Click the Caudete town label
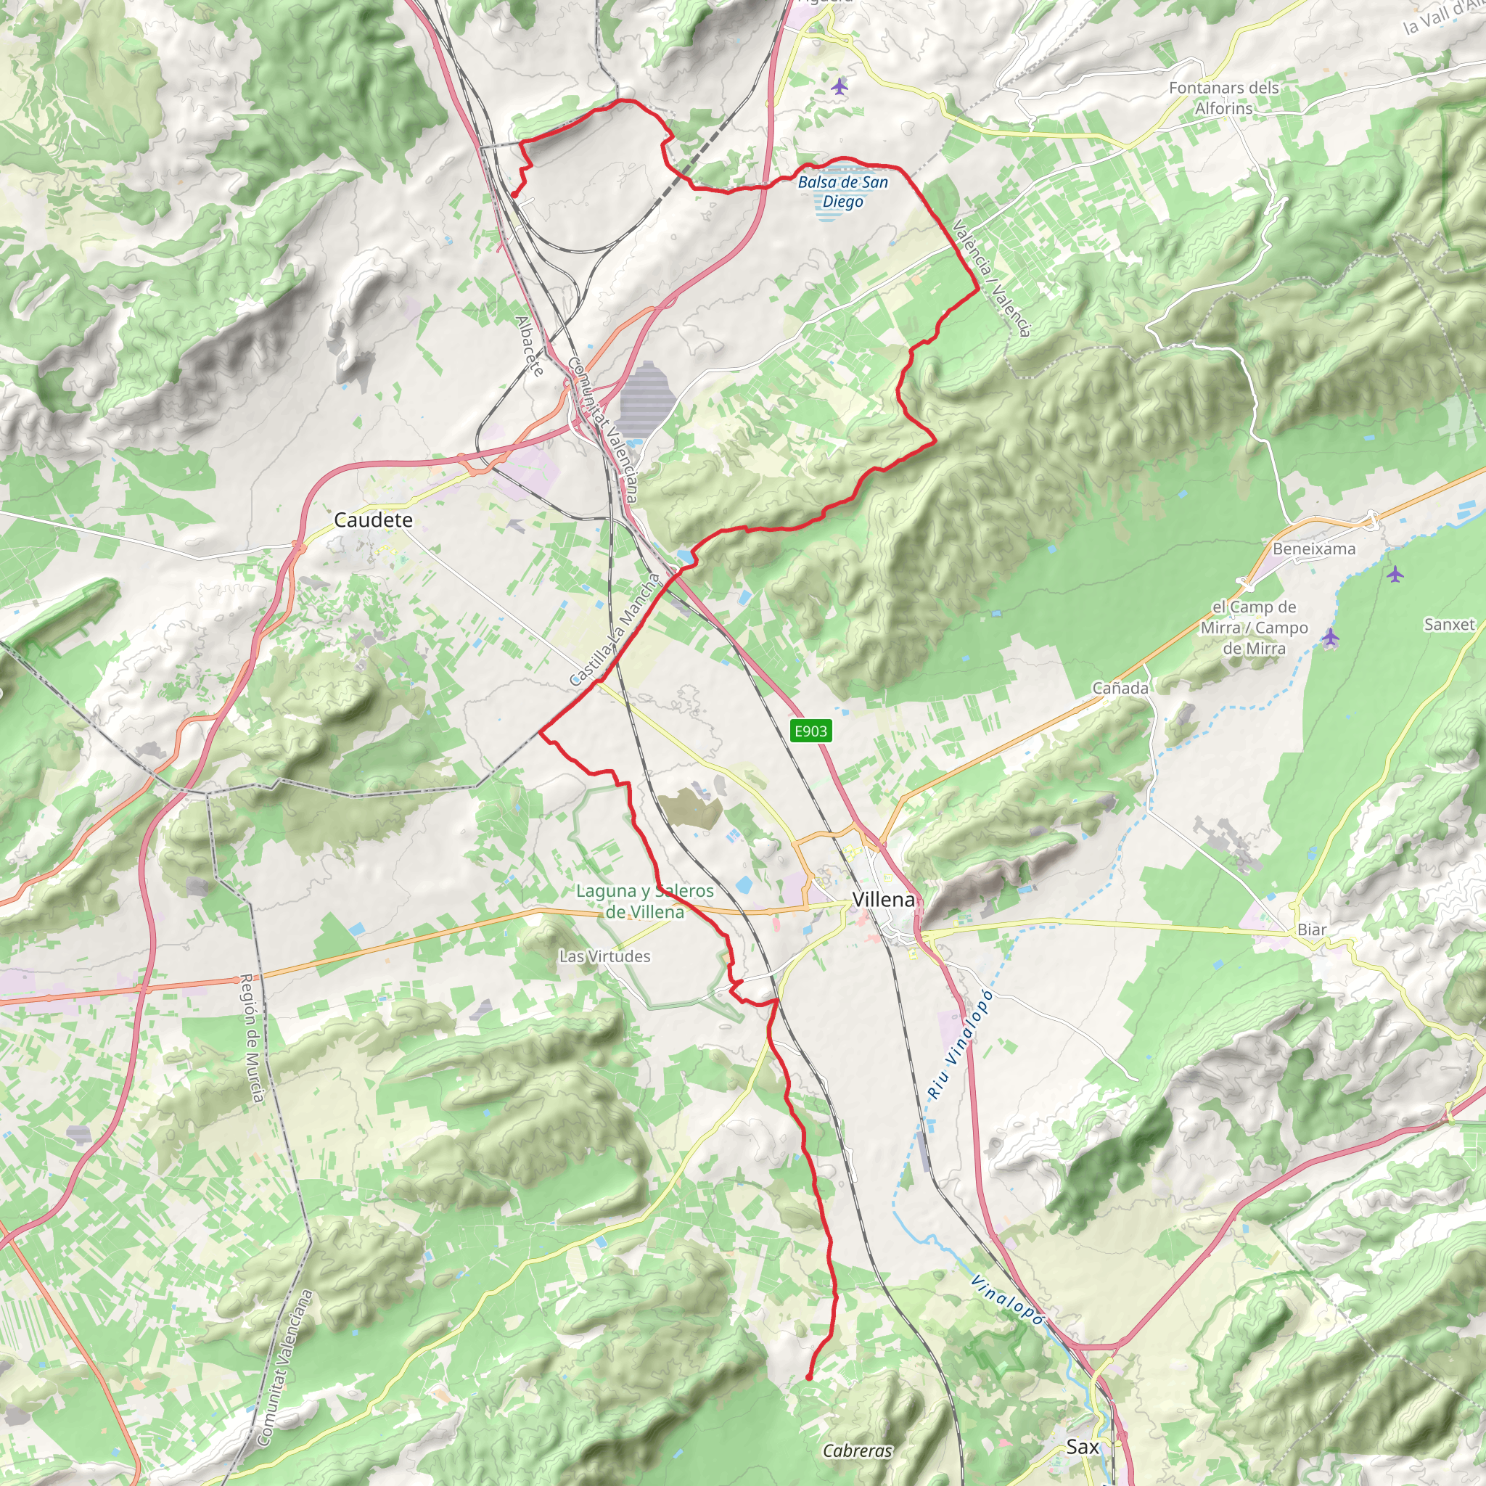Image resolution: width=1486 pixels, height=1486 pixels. point(373,520)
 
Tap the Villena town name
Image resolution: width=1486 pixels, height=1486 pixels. point(884,899)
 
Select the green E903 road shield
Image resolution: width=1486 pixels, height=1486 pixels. point(810,731)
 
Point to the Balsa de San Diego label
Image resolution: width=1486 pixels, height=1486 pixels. point(842,192)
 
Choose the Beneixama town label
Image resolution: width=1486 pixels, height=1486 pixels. point(1314,549)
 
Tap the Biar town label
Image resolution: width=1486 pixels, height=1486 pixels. point(1311,929)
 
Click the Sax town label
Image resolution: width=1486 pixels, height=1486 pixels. point(1082,1447)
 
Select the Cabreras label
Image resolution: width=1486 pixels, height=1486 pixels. point(857,1450)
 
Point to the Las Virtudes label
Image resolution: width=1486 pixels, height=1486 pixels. point(604,956)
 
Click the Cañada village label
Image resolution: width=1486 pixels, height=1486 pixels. point(1120,688)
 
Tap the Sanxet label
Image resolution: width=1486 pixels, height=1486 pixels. point(1449,624)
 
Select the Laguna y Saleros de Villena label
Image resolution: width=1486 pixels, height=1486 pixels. point(644,900)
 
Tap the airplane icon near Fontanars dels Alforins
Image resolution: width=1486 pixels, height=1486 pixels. point(840,86)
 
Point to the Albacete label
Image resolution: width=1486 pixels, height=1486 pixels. point(530,345)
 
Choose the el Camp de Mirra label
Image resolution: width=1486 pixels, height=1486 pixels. point(1254,627)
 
